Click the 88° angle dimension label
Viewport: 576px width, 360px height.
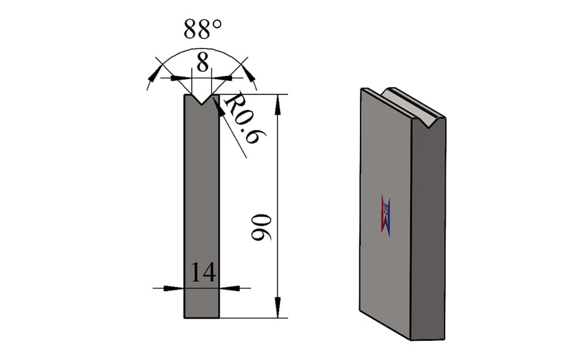coord(202,29)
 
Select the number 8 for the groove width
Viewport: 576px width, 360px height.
coord(202,62)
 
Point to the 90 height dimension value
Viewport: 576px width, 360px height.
coord(261,227)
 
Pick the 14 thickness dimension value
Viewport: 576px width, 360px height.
coord(203,272)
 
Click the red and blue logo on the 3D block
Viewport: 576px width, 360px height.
coord(385,215)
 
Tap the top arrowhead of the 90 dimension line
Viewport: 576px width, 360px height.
coord(278,104)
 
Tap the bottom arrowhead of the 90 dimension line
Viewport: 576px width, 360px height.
coord(278,308)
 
